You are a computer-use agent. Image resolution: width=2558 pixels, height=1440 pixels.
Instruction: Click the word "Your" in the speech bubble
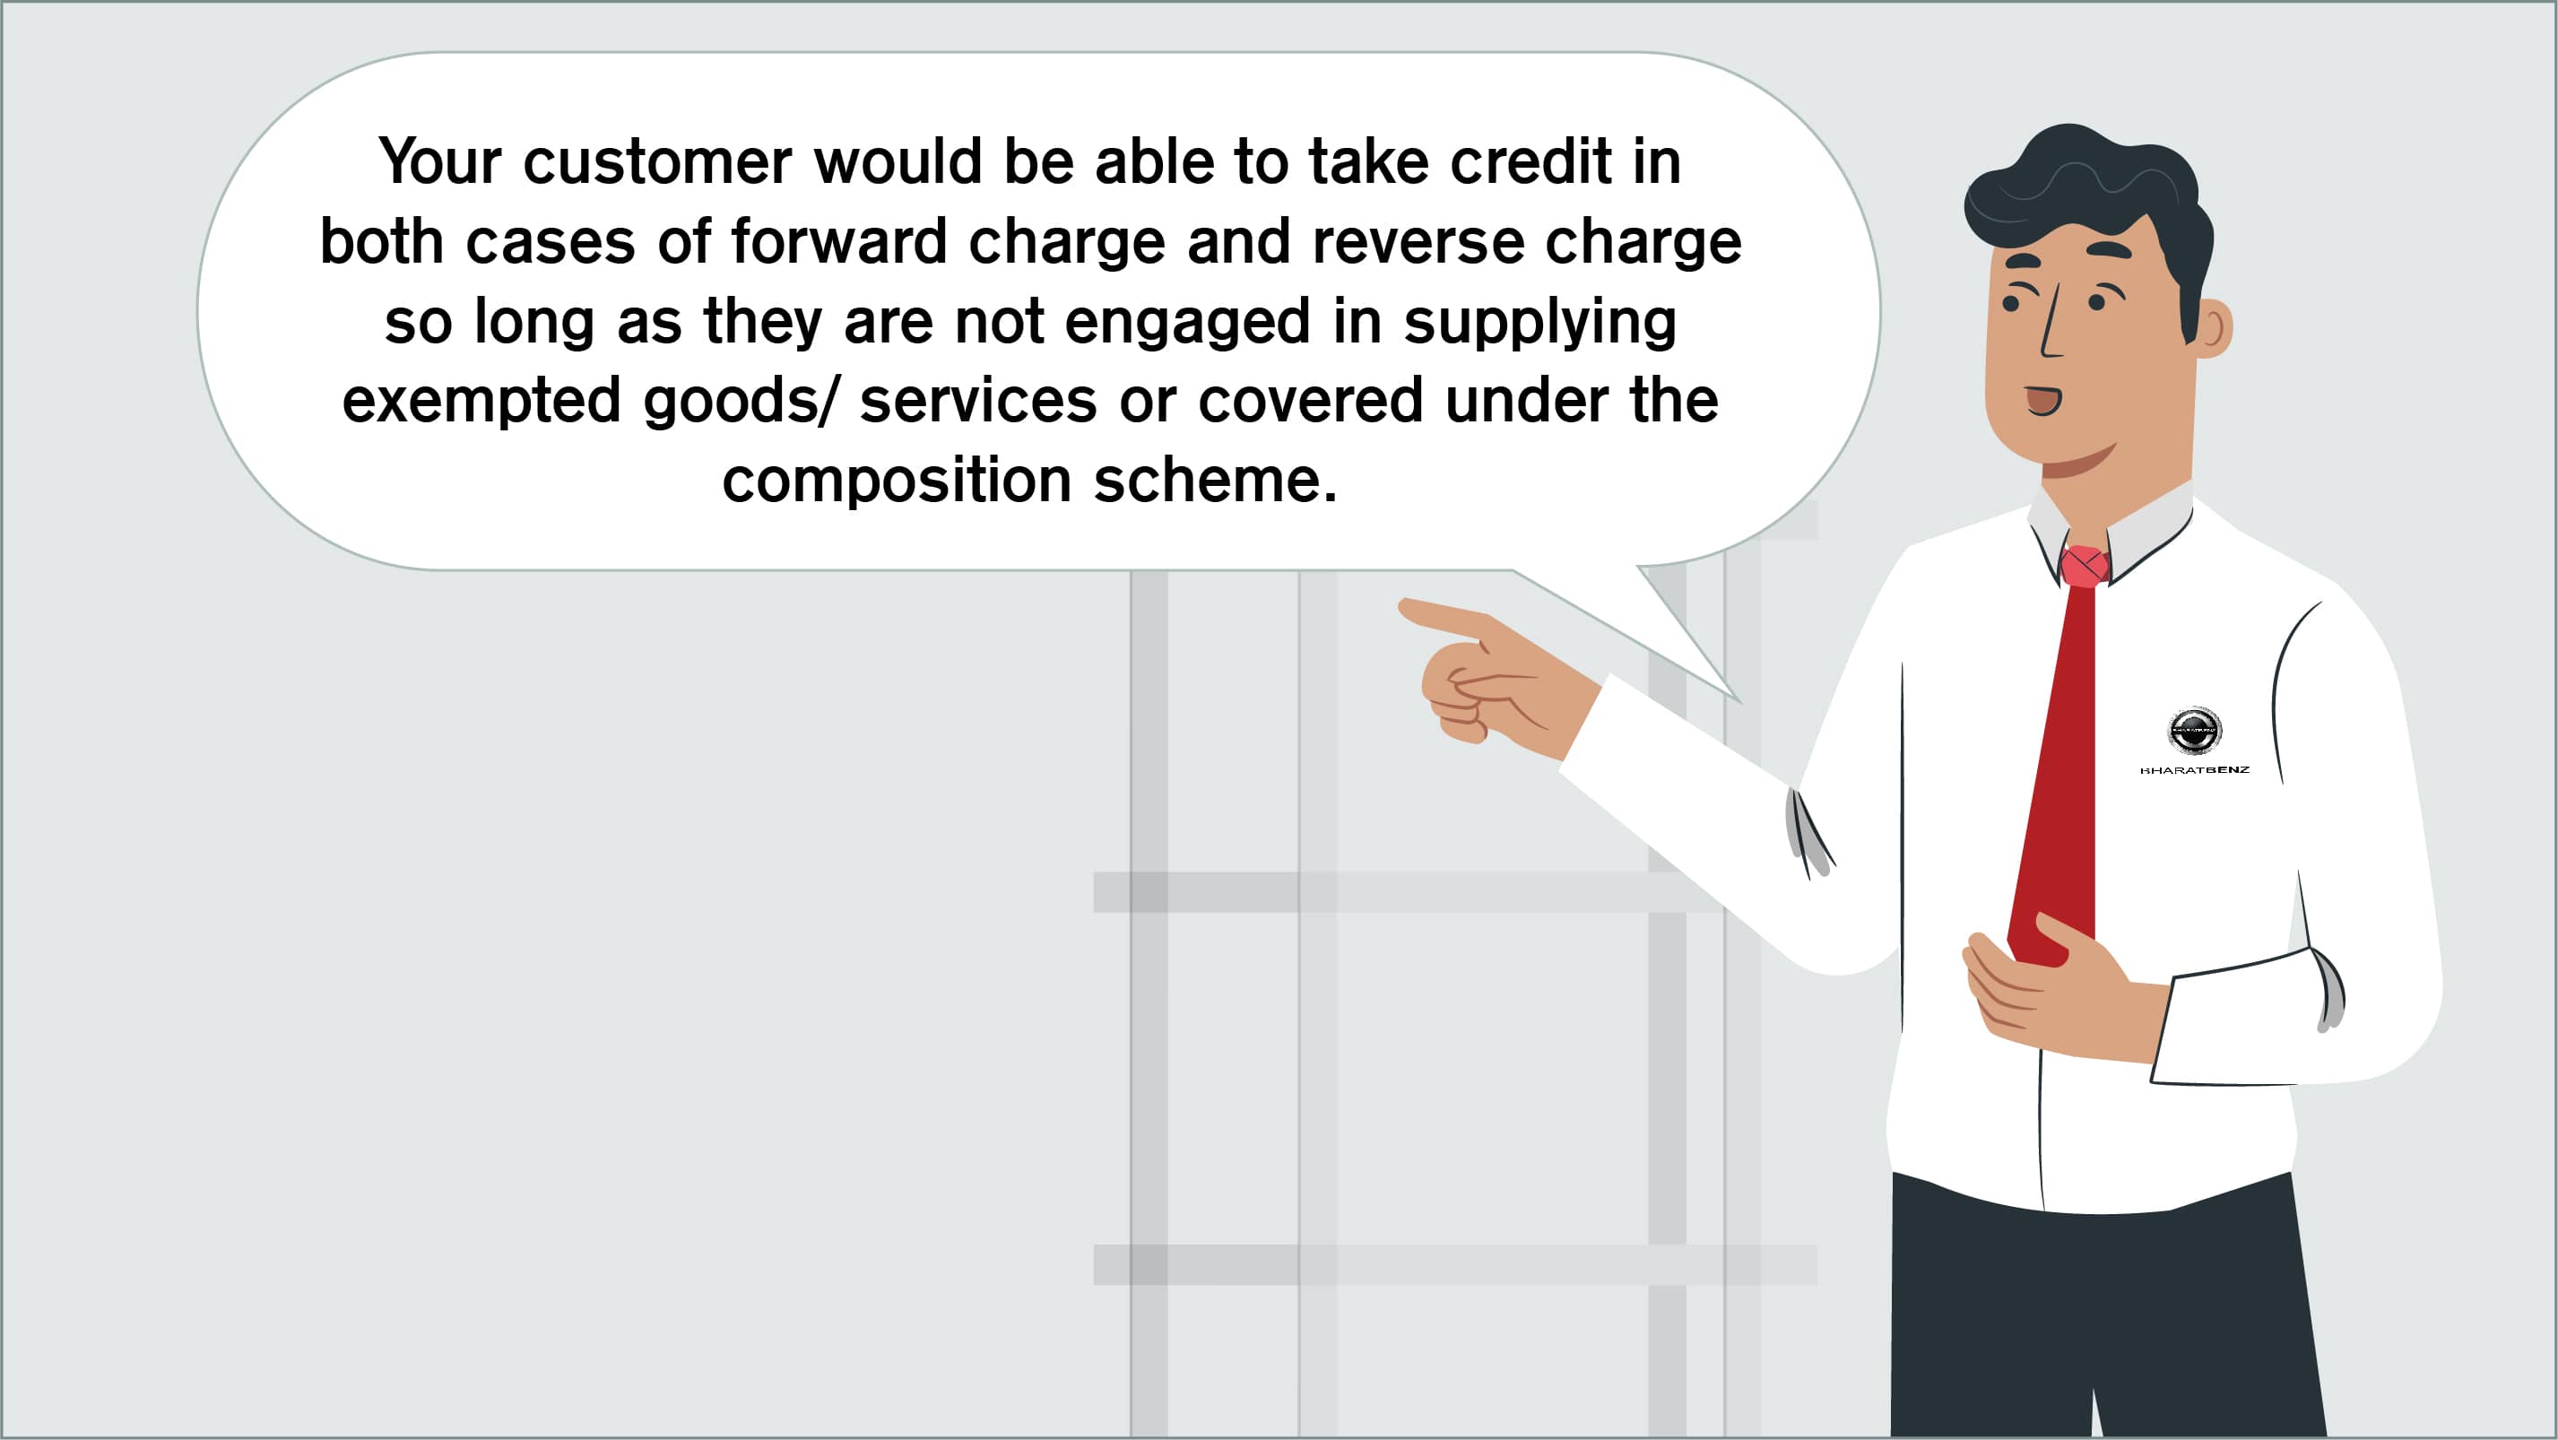[440, 162]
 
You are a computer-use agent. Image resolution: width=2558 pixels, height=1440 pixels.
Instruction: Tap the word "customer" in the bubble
[657, 162]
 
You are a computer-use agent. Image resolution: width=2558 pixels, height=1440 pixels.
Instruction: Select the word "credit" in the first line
[1530, 162]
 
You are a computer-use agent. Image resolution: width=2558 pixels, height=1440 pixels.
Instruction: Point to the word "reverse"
[1417, 241]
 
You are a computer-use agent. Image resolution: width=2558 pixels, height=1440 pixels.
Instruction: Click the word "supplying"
[1540, 322]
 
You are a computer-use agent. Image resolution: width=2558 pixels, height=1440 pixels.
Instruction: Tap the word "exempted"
[481, 401]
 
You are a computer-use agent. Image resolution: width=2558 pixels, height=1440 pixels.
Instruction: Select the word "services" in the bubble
[978, 401]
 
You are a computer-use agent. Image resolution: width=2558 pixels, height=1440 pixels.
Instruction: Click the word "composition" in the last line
[897, 481]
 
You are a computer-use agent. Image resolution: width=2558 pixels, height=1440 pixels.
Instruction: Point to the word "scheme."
[1216, 480]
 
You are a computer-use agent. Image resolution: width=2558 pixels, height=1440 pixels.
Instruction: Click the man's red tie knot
[2085, 566]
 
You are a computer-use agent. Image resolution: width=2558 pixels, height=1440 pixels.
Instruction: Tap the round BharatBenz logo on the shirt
[2195, 731]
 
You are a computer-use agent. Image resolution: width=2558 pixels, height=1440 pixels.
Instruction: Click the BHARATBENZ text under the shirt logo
[2195, 769]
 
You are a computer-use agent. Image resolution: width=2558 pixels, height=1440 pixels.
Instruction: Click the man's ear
[2214, 329]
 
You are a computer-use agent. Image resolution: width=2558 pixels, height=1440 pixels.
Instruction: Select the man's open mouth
[2043, 400]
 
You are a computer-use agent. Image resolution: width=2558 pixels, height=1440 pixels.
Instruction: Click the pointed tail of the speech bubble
[1739, 701]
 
